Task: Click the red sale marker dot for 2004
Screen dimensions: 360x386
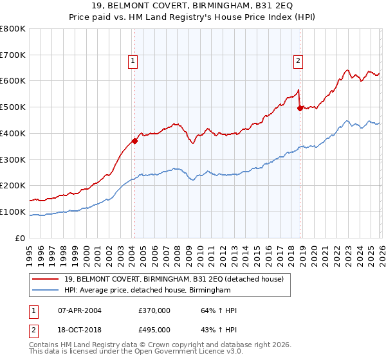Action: (134, 141)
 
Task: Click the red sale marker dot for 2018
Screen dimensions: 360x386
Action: (300, 108)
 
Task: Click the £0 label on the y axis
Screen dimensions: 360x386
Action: (21, 238)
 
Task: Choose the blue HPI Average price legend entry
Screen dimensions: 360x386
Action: (147, 291)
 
